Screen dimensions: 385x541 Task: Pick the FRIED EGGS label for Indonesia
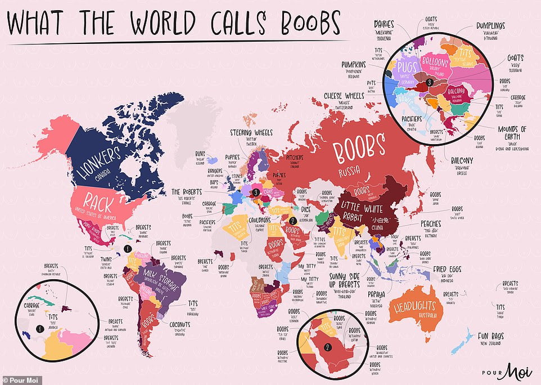(448, 270)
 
